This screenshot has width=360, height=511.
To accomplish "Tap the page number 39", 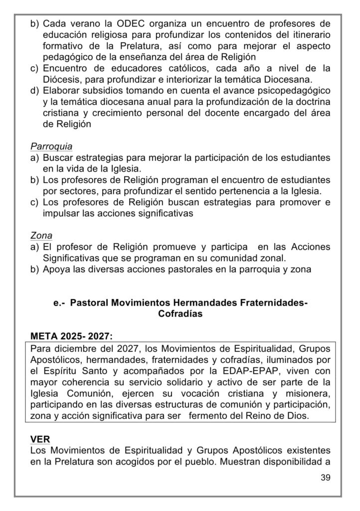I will (x=326, y=478).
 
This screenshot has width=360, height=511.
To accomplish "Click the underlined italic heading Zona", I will (x=41, y=236).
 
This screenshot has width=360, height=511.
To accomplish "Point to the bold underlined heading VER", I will (x=40, y=439).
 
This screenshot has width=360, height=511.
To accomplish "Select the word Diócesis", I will (x=64, y=78).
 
